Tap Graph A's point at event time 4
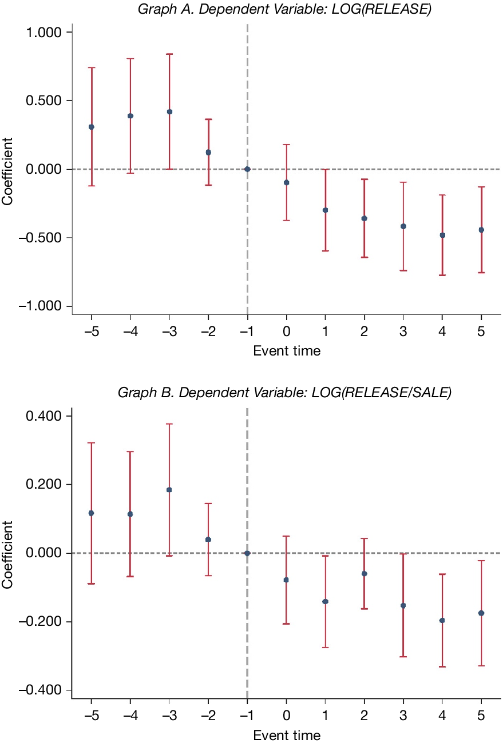[442, 235]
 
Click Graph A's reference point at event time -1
[247, 169]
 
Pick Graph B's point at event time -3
[169, 490]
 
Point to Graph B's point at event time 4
[442, 620]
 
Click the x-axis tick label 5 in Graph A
[481, 332]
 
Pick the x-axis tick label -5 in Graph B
[91, 716]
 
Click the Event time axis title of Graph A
[287, 351]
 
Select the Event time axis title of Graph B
[287, 734]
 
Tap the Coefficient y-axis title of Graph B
[7, 554]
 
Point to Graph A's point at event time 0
[286, 182]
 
